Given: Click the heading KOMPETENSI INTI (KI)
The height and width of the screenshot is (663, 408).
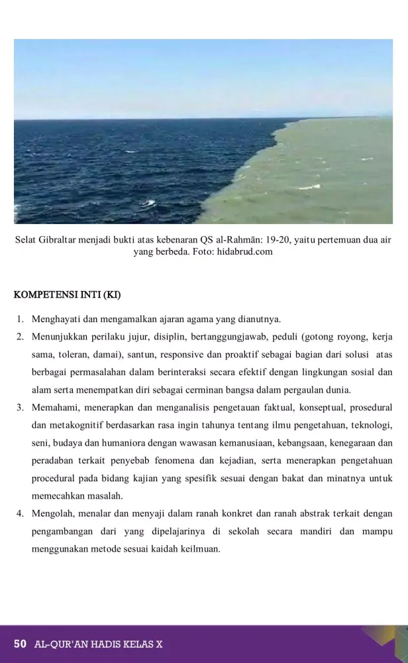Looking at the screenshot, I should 69,294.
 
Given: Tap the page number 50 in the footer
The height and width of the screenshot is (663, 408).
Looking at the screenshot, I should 20,644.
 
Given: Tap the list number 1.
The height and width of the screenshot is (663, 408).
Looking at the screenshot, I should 21,320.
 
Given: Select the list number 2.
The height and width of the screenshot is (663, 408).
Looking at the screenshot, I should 21,337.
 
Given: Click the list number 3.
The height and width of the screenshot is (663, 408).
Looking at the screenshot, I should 21,406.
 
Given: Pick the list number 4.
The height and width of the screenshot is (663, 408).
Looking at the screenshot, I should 21,513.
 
